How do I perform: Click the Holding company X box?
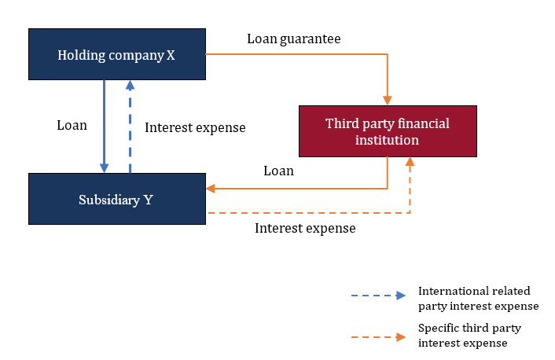click(x=116, y=54)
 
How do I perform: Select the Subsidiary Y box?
click(x=116, y=199)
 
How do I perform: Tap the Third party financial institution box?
click(x=388, y=131)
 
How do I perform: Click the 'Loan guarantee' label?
click(x=293, y=38)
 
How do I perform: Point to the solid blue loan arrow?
click(x=104, y=126)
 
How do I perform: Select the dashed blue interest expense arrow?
click(x=130, y=126)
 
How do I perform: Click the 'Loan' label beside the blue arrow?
click(x=72, y=125)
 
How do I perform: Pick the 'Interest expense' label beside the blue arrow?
click(x=196, y=127)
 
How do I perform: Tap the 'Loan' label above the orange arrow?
click(x=278, y=171)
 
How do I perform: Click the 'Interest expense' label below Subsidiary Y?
click(x=305, y=228)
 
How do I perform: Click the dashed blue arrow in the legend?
click(x=378, y=296)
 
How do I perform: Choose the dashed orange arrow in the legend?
click(x=378, y=337)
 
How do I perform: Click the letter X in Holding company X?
click(x=171, y=55)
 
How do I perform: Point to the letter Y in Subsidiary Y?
click(x=149, y=199)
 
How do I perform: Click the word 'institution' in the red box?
click(x=388, y=140)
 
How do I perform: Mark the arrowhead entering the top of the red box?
click(x=388, y=100)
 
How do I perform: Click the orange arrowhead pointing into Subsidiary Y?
click(x=211, y=188)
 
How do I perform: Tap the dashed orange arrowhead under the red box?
click(x=410, y=162)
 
